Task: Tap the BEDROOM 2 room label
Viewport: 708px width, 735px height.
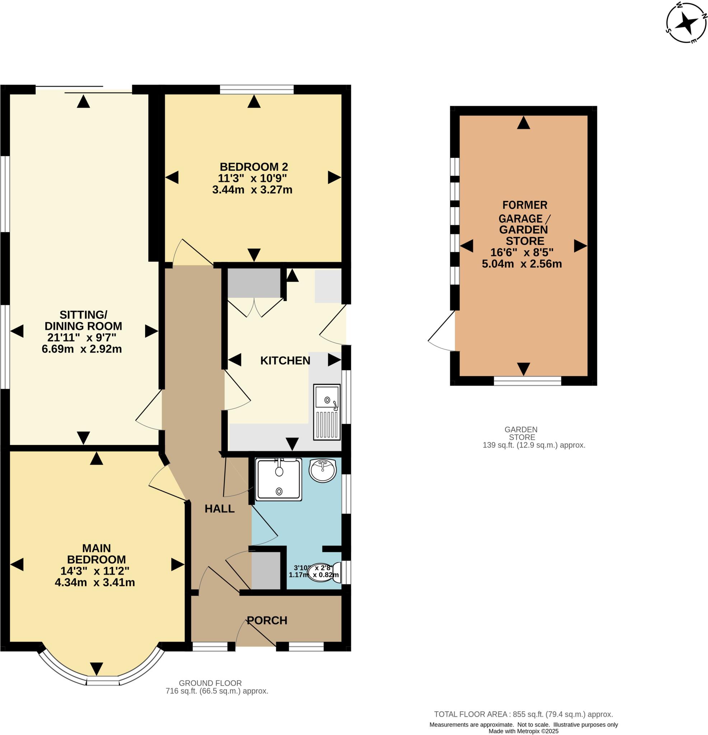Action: click(x=253, y=167)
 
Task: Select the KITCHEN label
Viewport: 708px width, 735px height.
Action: click(x=285, y=361)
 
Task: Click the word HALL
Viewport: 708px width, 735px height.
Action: click(x=219, y=509)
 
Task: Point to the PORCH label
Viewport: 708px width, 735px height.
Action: click(x=267, y=621)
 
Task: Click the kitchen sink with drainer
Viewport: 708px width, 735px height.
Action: click(x=326, y=412)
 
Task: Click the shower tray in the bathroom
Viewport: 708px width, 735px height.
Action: click(x=278, y=480)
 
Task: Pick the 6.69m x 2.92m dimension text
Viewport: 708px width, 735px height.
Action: click(x=82, y=349)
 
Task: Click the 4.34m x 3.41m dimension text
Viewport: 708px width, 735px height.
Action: click(x=94, y=582)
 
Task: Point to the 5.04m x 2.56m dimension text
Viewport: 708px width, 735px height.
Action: click(x=522, y=264)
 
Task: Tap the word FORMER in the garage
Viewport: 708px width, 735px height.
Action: click(x=525, y=205)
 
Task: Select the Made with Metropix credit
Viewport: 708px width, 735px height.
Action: click(x=523, y=731)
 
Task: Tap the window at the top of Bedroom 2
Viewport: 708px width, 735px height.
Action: click(x=257, y=89)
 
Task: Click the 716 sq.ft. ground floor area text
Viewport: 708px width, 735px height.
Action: click(x=216, y=691)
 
